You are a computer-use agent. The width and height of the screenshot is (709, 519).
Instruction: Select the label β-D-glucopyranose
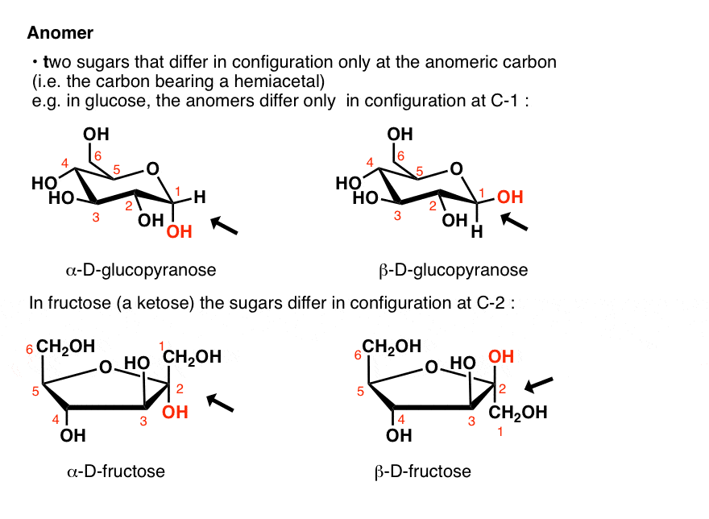453,269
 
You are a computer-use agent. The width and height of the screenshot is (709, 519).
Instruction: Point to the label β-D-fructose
423,470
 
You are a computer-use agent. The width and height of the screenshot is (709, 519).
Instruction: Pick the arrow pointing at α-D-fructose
220,401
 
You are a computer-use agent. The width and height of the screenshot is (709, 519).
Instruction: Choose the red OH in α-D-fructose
175,412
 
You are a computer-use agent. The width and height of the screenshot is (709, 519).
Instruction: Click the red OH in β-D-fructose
501,355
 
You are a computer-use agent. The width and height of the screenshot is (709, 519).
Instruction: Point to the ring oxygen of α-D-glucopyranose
153,168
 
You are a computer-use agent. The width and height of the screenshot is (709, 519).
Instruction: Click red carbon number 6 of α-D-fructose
29,348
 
